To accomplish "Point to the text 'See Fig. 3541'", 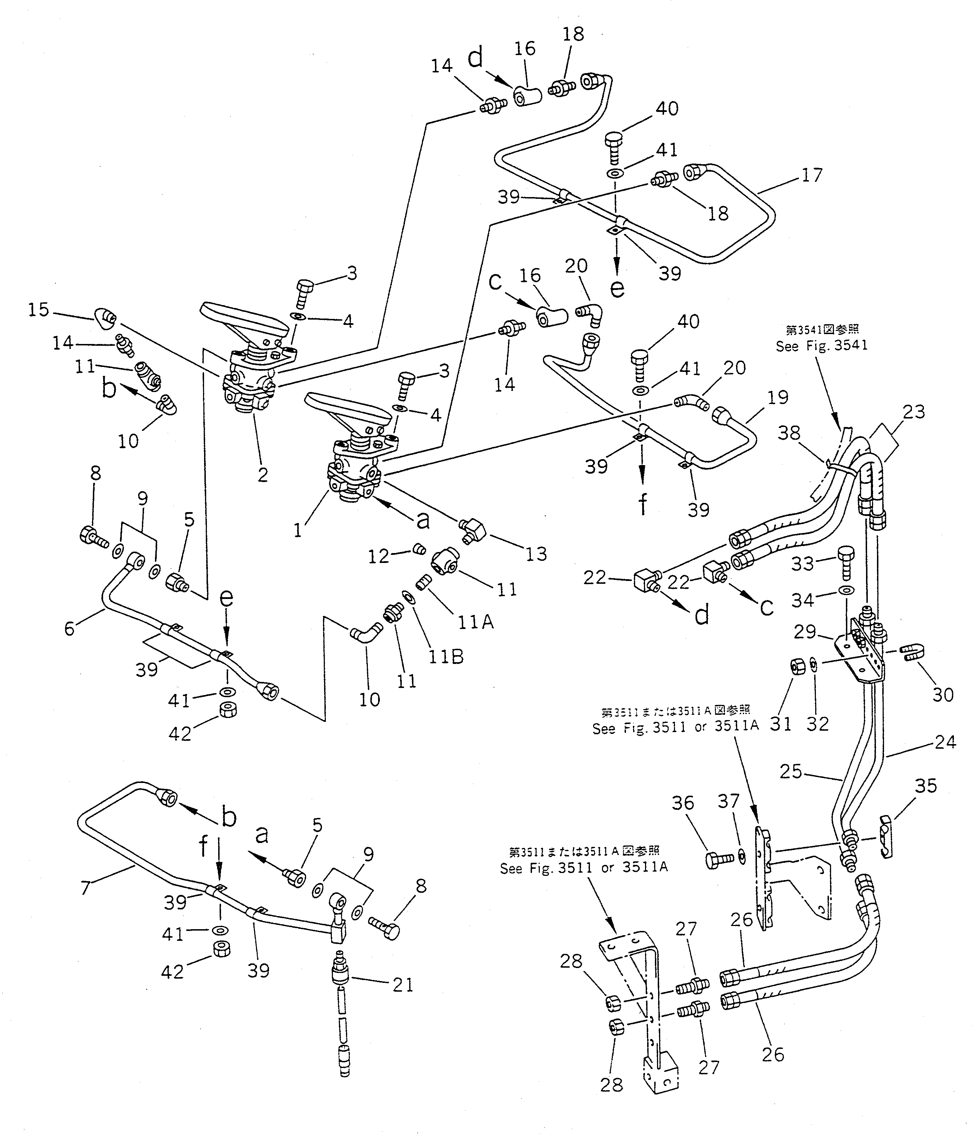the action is tap(822, 346).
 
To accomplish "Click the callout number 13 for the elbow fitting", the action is tap(536, 554).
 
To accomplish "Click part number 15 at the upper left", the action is tap(39, 310).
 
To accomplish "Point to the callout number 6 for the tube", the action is tap(70, 628).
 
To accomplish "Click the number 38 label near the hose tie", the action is tap(789, 433).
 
